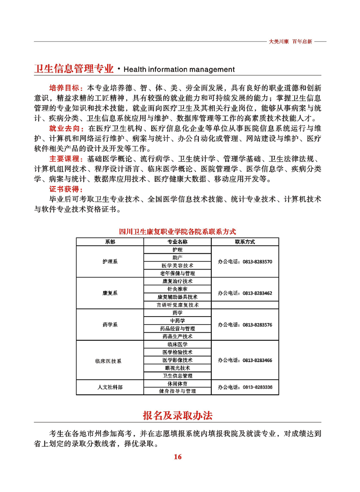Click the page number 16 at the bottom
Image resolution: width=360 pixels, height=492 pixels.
click(177, 457)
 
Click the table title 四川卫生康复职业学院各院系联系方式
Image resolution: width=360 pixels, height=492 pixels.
click(177, 231)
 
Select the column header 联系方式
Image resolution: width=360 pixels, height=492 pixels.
click(244, 241)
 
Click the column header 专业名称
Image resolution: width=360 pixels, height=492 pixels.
click(177, 241)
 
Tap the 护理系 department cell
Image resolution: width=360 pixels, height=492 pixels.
click(110, 261)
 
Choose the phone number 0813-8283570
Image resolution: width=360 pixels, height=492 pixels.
click(257, 261)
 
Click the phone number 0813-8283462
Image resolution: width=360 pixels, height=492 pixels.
click(257, 293)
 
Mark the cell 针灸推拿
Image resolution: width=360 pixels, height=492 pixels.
click(177, 289)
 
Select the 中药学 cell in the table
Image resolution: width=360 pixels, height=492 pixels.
click(177, 321)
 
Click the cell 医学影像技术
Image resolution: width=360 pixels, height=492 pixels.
click(177, 359)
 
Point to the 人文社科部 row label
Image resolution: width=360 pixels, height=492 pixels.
click(110, 387)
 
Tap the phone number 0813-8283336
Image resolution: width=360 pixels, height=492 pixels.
click(257, 387)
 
